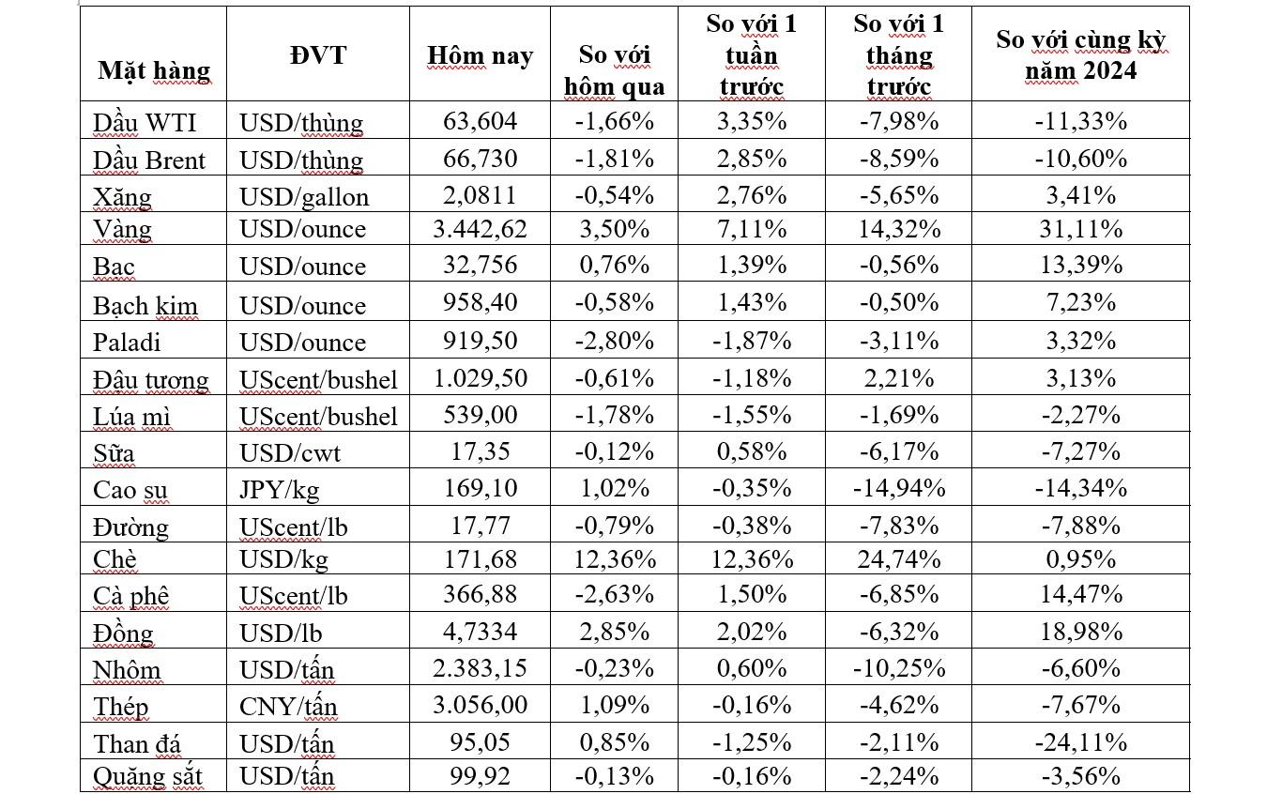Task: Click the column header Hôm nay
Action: [480, 55]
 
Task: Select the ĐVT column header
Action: [317, 54]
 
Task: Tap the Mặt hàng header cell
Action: [154, 70]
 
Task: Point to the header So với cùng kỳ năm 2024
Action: [1080, 54]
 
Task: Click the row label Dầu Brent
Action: [148, 160]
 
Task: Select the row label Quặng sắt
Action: [147, 777]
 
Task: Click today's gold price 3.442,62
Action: [480, 229]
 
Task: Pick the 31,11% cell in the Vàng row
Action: [1080, 229]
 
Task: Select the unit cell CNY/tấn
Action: [288, 705]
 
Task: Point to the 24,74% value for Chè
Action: [898, 559]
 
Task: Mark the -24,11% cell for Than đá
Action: [1080, 742]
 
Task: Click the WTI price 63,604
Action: [480, 121]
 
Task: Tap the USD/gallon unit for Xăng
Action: [304, 196]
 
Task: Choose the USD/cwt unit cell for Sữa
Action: [290, 452]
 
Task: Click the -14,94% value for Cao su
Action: [898, 489]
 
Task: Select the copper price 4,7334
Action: [480, 632]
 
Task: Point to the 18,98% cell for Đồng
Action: [1080, 632]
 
